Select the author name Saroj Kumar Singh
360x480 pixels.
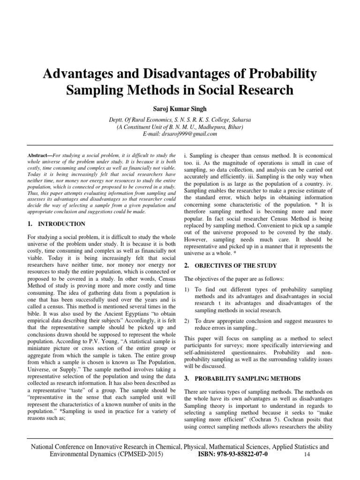[x=180, y=109]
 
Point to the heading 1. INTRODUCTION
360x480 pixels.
[x=56, y=224]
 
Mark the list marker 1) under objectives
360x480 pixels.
[x=187, y=290]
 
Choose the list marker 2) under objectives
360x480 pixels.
[x=187, y=321]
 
